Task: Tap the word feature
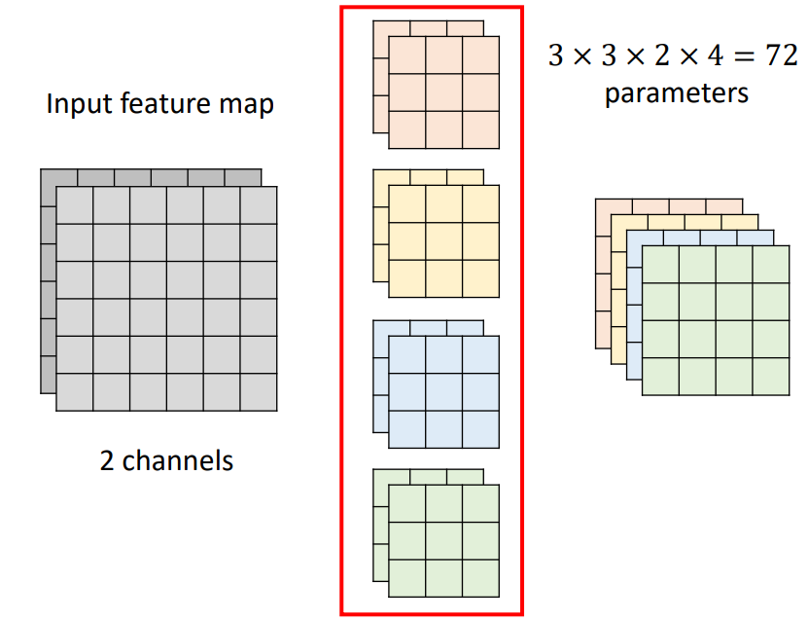coord(166,103)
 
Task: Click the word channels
coord(177,460)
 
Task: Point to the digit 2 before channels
coord(107,460)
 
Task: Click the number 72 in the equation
coord(782,55)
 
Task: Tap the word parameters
coord(676,93)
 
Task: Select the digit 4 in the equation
coord(716,55)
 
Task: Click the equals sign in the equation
coord(744,55)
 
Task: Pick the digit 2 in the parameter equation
coord(662,55)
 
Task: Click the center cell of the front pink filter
coord(443,92)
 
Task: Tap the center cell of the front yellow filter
coord(443,241)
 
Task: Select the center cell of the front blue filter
coord(443,392)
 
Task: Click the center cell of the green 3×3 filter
coord(443,541)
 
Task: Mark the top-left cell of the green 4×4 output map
coord(660,265)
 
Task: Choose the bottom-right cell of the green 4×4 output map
coord(771,377)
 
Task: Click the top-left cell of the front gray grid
coord(75,205)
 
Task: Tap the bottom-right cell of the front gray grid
coord(259,392)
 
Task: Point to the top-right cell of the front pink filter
coord(480,55)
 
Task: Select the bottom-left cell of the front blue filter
coord(407,429)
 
